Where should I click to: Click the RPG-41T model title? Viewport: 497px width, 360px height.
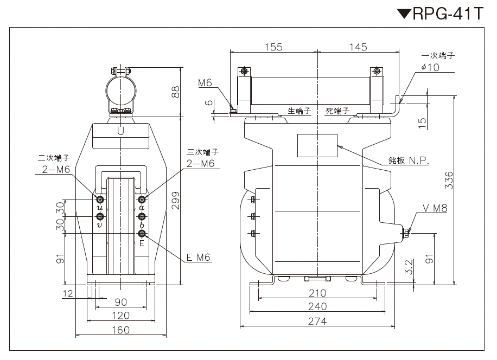pyautogui.click(x=441, y=14)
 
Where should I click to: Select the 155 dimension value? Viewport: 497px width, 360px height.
pyautogui.click(x=273, y=47)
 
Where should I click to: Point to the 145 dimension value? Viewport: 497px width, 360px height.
pyautogui.click(x=358, y=47)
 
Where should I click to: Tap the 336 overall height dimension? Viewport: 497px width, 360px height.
pyautogui.click(x=449, y=181)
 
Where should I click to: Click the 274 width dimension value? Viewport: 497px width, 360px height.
pyautogui.click(x=317, y=322)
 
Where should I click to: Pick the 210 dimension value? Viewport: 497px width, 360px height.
pyautogui.click(x=317, y=293)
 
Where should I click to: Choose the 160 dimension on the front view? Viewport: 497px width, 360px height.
pyautogui.click(x=121, y=330)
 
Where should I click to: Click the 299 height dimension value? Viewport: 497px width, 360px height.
pyautogui.click(x=175, y=201)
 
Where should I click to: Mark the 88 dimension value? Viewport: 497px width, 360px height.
pyautogui.click(x=175, y=92)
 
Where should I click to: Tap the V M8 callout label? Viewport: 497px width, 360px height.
pyautogui.click(x=435, y=208)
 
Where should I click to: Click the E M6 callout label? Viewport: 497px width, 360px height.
pyautogui.click(x=199, y=258)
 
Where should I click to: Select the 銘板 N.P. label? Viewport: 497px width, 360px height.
pyautogui.click(x=409, y=160)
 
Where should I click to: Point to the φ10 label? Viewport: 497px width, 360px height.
pyautogui.click(x=430, y=67)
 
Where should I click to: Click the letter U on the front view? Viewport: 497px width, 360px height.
pyautogui.click(x=120, y=131)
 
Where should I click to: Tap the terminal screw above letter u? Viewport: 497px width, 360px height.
pyautogui.click(x=100, y=200)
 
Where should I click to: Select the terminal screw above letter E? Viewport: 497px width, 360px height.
pyautogui.click(x=142, y=234)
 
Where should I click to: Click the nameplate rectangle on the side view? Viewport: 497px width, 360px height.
pyautogui.click(x=317, y=145)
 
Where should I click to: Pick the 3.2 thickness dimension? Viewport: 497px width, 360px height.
pyautogui.click(x=409, y=267)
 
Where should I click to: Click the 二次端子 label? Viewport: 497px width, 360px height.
pyautogui.click(x=54, y=158)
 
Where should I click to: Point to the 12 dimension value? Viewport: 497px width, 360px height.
pyautogui.click(x=68, y=293)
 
